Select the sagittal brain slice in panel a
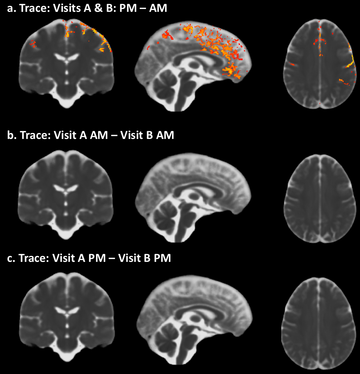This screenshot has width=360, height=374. tap(193, 66)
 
